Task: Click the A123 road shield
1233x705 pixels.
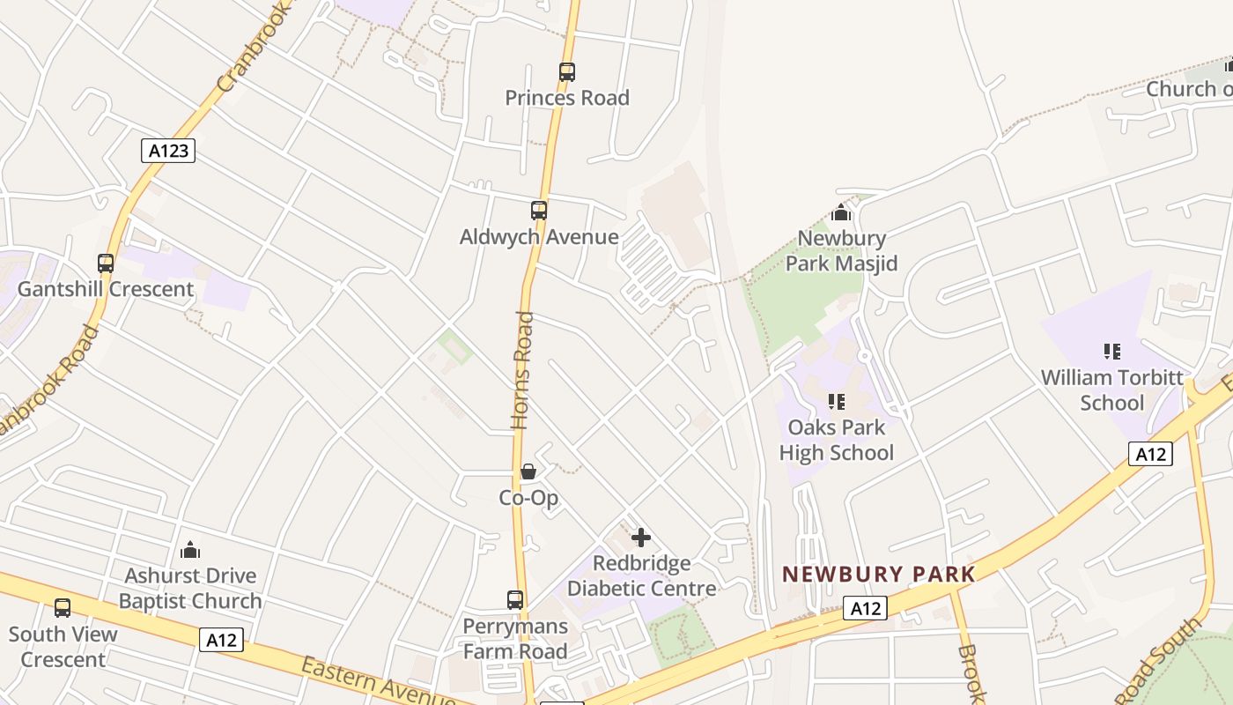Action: click(x=168, y=151)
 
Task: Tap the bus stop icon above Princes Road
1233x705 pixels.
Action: click(x=567, y=72)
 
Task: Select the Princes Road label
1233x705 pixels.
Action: click(x=567, y=98)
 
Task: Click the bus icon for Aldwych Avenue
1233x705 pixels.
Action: click(x=539, y=211)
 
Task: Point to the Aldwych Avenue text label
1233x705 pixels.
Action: click(x=539, y=237)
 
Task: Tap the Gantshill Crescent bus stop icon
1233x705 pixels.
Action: click(x=106, y=263)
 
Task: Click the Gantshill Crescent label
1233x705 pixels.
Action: click(x=106, y=289)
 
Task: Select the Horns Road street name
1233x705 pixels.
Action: click(x=523, y=370)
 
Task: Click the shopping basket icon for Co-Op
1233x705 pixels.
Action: click(x=528, y=471)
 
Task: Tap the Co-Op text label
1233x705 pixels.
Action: click(x=528, y=498)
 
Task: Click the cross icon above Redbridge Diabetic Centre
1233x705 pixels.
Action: click(x=641, y=537)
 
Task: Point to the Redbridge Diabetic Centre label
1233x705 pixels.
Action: click(x=641, y=575)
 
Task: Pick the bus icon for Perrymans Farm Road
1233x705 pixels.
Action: click(x=515, y=600)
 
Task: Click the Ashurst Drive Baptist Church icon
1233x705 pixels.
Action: click(x=190, y=551)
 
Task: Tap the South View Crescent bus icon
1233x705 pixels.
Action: click(x=63, y=607)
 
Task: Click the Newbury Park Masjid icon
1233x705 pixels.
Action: click(x=841, y=212)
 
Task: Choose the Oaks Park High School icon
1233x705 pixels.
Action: click(x=837, y=402)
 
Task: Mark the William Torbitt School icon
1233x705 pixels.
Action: click(x=1112, y=352)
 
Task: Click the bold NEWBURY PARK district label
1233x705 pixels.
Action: click(x=879, y=575)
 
